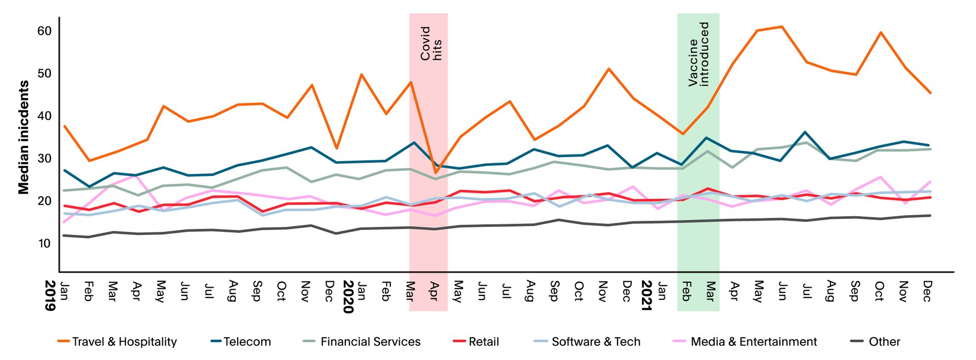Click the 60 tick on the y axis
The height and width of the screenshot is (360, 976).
pyautogui.click(x=45, y=31)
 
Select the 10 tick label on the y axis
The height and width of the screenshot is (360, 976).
pyautogui.click(x=45, y=244)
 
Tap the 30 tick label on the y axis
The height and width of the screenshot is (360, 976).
pyautogui.click(x=45, y=159)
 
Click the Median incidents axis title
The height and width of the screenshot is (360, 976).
pyautogui.click(x=23, y=137)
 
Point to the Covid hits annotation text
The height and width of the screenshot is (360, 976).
pyautogui.click(x=431, y=44)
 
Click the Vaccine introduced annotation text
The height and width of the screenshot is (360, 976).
pyautogui.click(x=698, y=54)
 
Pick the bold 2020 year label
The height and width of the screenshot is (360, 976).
pyautogui.click(x=348, y=296)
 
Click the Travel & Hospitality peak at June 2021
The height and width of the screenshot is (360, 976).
pyautogui.click(x=782, y=26)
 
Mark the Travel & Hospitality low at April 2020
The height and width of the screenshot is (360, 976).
pyautogui.click(x=435, y=173)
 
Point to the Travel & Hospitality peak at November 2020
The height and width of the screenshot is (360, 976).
pyautogui.click(x=608, y=69)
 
